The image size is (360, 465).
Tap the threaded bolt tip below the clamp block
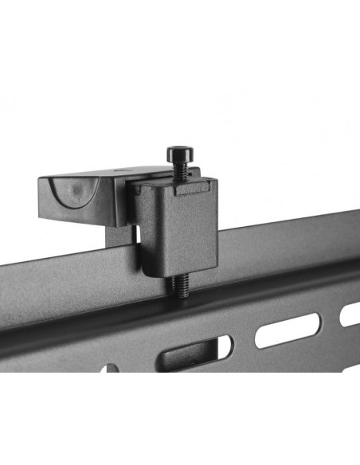(182, 284)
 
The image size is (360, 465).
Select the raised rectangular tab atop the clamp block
(191, 187)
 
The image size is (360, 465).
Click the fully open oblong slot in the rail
(288, 329)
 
